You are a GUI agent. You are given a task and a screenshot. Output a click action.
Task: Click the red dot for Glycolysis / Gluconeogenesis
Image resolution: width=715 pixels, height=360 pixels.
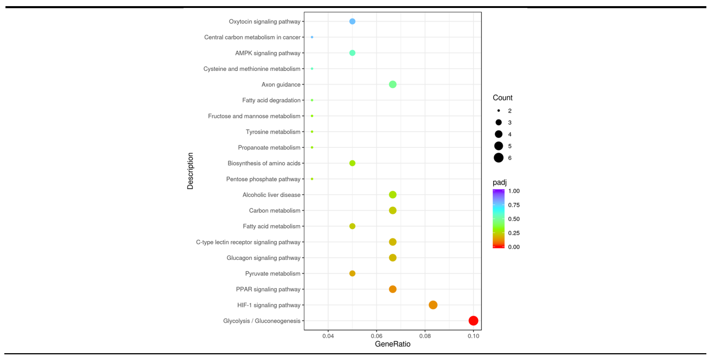[473, 321]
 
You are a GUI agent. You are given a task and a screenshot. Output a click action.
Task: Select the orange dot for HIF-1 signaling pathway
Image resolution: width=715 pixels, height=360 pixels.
[433, 305]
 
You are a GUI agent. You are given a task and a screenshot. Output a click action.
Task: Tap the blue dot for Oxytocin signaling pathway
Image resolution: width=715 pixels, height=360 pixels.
[352, 21]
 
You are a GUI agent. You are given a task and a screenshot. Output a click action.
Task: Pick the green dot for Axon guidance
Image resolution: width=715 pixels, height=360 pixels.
[392, 84]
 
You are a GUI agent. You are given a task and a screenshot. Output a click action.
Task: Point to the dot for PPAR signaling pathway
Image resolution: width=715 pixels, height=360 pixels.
[392, 289]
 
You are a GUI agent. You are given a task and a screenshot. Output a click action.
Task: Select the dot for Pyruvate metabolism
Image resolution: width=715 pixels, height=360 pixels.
[352, 273]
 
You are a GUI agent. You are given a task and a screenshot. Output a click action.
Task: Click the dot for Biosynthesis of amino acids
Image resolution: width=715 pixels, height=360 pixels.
[352, 163]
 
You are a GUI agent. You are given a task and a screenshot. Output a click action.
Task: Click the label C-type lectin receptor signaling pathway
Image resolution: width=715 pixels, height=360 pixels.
[248, 242]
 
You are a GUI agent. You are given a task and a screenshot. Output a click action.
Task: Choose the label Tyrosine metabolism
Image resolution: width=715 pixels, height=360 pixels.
[273, 132]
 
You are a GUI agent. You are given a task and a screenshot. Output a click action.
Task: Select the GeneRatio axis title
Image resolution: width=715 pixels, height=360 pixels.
[392, 344]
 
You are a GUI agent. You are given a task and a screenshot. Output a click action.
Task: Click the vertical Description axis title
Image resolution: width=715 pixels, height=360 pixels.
[190, 171]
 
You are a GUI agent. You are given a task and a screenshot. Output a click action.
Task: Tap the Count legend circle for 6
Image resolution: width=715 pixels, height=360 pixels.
[498, 158]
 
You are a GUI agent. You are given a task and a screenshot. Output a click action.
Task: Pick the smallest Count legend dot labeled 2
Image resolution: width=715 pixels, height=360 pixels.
[498, 111]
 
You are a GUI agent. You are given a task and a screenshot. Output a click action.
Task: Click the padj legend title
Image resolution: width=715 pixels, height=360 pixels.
[499, 182]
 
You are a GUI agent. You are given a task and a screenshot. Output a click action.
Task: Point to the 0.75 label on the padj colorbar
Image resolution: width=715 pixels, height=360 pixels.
[514, 205]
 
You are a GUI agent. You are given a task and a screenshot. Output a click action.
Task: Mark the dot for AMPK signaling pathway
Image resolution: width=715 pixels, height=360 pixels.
[352, 53]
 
